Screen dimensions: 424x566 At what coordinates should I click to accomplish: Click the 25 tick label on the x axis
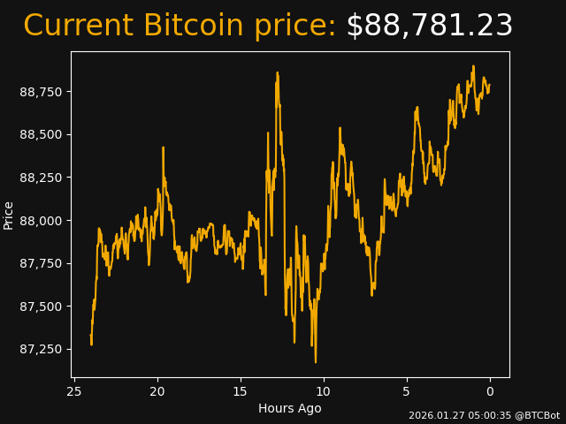(x=74, y=391)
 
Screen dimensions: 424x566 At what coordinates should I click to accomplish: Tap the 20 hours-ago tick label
(x=157, y=391)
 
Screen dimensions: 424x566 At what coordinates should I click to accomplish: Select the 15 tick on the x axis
(x=241, y=391)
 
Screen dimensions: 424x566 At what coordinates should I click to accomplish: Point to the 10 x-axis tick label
(x=324, y=391)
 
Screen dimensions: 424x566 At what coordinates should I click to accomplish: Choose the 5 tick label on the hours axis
(x=407, y=391)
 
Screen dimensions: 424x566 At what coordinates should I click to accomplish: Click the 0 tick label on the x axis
(x=490, y=391)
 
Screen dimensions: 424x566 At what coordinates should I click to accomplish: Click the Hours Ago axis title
(x=289, y=408)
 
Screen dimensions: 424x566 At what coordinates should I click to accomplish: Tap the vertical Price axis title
(x=9, y=215)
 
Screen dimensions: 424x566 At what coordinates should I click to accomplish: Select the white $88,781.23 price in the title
(x=429, y=26)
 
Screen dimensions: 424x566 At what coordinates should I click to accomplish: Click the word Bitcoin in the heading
(x=194, y=26)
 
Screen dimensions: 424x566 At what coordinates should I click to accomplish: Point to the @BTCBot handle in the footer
(x=538, y=415)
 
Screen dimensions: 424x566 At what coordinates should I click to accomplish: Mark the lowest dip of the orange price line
(x=315, y=361)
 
